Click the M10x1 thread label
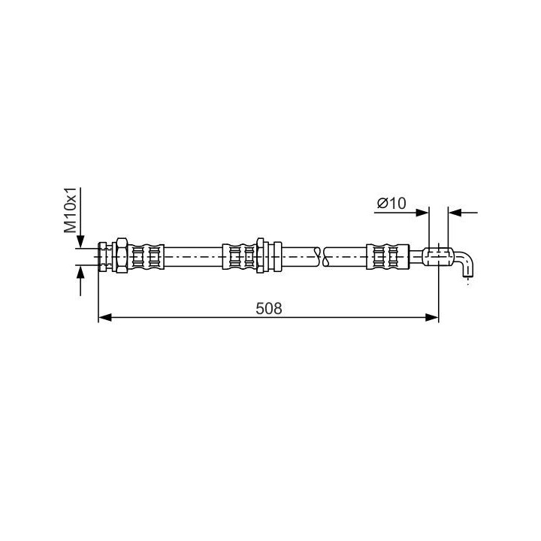tap(70, 211)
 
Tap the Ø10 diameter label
tap(391, 203)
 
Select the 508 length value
tap(269, 309)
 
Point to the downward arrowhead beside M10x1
tap(80, 241)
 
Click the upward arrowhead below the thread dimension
tap(80, 271)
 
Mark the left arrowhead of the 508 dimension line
tap(105, 318)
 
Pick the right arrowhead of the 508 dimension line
tap(432, 318)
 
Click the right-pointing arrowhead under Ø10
tap(422, 213)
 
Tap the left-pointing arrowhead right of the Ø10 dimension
tap(455, 213)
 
